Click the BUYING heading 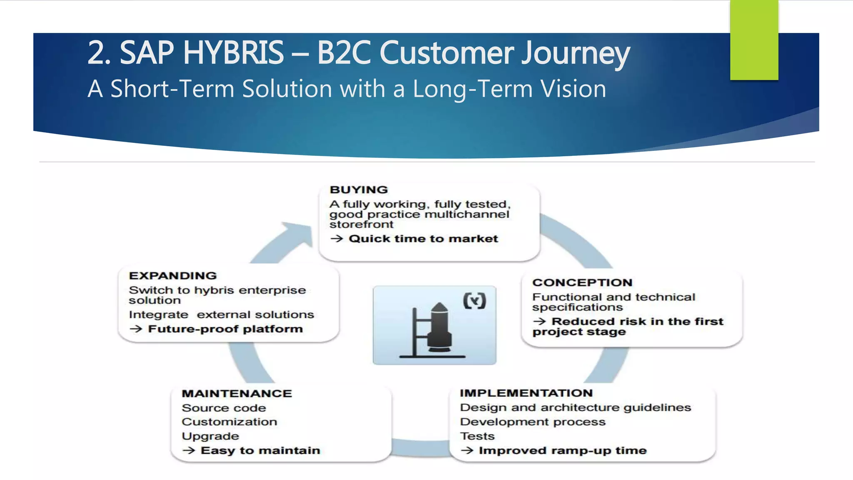[x=359, y=190]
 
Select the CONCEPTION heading [x=582, y=282]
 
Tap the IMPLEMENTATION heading [x=526, y=393]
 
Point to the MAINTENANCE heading [x=237, y=393]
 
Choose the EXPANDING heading [x=173, y=275]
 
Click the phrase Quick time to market [x=423, y=239]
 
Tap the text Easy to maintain [x=260, y=450]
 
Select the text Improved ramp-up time [x=562, y=450]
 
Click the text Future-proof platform [x=225, y=329]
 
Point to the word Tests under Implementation [x=477, y=436]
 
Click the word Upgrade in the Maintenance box [x=210, y=436]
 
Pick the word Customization [x=229, y=422]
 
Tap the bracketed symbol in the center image [x=474, y=300]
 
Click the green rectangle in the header [x=754, y=40]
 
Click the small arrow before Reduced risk [x=539, y=321]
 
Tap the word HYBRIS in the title [x=233, y=53]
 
